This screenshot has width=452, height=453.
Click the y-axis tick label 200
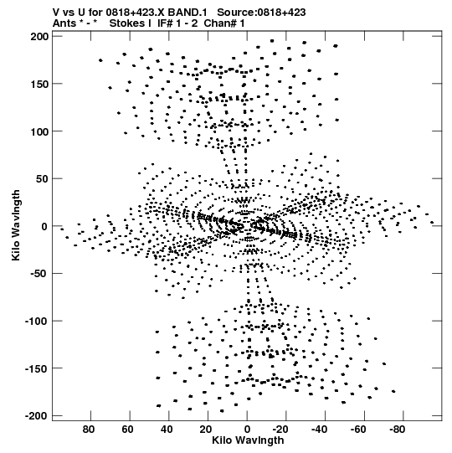tap(40, 37)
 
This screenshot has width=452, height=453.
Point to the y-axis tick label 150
tap(40, 84)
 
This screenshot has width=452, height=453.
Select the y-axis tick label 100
tap(40, 131)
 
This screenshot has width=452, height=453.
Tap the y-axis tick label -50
tap(39, 274)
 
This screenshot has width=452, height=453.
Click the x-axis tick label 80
tap(89, 430)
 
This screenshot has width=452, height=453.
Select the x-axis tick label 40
tap(167, 430)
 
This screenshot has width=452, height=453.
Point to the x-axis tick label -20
tap(280, 430)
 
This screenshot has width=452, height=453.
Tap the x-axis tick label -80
tap(397, 430)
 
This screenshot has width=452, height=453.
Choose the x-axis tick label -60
tap(358, 430)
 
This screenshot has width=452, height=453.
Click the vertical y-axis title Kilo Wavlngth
tap(16, 225)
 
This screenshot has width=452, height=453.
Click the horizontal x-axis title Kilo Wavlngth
tap(248, 440)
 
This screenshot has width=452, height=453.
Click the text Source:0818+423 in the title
tap(261, 13)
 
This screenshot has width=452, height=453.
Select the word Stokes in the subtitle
tap(130, 23)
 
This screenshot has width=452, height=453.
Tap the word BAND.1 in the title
tap(187, 13)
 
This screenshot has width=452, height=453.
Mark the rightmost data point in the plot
tap(432, 223)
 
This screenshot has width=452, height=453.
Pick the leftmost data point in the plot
tap(62, 229)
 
